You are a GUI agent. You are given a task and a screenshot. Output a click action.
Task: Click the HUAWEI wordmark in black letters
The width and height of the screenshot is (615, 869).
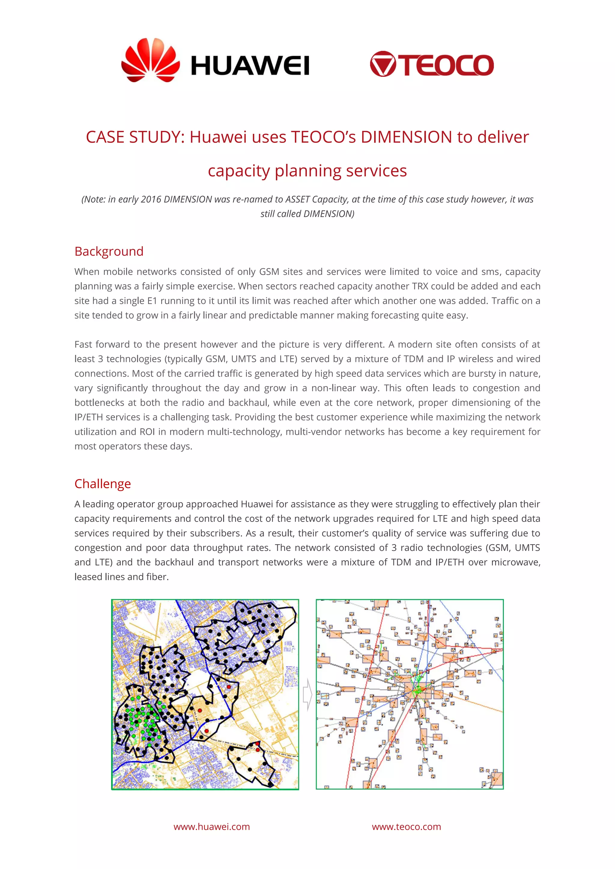tap(250, 65)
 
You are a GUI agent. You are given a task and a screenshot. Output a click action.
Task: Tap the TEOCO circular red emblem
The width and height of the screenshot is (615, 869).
tap(383, 64)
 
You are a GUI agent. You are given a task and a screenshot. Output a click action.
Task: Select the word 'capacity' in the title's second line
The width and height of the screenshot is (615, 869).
tap(238, 171)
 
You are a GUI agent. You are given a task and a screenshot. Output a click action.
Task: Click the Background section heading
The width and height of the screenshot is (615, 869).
tap(109, 251)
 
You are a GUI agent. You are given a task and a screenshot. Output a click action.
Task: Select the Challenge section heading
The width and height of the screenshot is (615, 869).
tap(103, 484)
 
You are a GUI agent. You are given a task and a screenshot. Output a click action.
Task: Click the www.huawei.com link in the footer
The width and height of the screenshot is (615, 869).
tap(212, 827)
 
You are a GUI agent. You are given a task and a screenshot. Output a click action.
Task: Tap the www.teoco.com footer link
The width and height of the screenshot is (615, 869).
tap(406, 827)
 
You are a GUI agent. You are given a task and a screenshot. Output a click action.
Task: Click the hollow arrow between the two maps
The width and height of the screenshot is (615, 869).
tap(308, 694)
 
